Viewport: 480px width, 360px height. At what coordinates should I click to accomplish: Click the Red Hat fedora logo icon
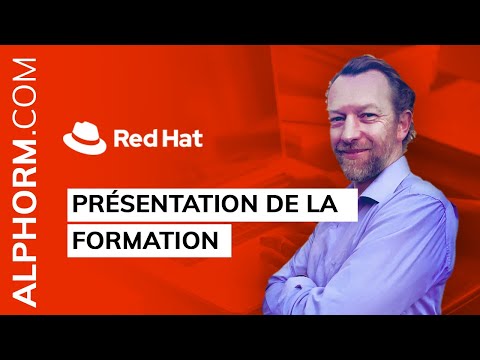(x=84, y=135)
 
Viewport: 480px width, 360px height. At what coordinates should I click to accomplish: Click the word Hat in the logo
(x=181, y=137)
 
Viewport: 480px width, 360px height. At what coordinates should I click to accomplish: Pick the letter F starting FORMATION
(x=78, y=241)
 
